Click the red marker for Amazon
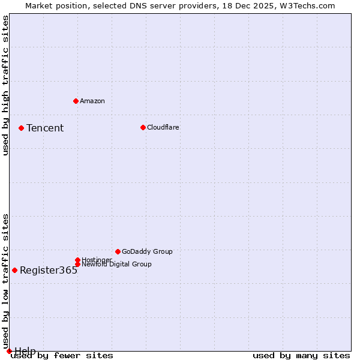point(76,101)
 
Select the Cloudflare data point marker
point(143,127)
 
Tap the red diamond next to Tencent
point(21,128)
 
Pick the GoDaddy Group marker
point(118,251)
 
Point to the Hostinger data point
point(77,260)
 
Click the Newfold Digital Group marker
point(77,264)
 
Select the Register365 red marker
point(14,270)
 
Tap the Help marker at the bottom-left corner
point(9,351)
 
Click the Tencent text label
point(45,128)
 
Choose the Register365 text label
point(49,270)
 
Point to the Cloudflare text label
point(163,127)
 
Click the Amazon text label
point(92,101)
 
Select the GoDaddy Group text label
point(147,251)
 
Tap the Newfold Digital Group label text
point(116,264)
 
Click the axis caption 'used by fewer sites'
point(62,355)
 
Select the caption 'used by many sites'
point(301,355)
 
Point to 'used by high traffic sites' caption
point(5,85)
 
